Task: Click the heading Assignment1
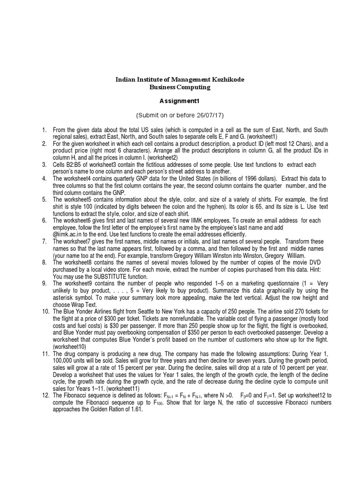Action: point(180,101)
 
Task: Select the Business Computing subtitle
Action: point(180,87)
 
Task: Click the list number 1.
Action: point(44,129)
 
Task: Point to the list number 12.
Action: point(45,395)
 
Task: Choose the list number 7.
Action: point(44,241)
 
